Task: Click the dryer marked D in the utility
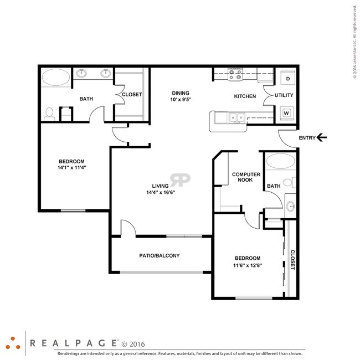click(x=288, y=78)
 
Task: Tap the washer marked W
click(x=287, y=113)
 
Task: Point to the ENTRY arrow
click(x=321, y=137)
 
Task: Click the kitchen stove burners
click(x=235, y=74)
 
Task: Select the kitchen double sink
click(x=236, y=118)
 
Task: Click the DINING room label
click(x=181, y=93)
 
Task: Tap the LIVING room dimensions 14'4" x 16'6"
click(x=161, y=192)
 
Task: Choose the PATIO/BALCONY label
click(x=160, y=255)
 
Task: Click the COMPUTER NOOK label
click(x=246, y=177)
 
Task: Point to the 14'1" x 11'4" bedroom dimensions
click(x=71, y=167)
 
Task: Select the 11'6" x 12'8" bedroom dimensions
click(x=248, y=265)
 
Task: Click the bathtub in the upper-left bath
click(x=56, y=77)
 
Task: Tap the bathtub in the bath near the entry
click(x=281, y=161)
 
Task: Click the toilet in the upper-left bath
click(x=49, y=114)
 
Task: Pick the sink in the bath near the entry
click(x=290, y=206)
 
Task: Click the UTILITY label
click(x=284, y=95)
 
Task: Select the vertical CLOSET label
click(x=292, y=260)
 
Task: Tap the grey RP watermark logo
click(x=180, y=180)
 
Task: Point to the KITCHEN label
click(x=245, y=96)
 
